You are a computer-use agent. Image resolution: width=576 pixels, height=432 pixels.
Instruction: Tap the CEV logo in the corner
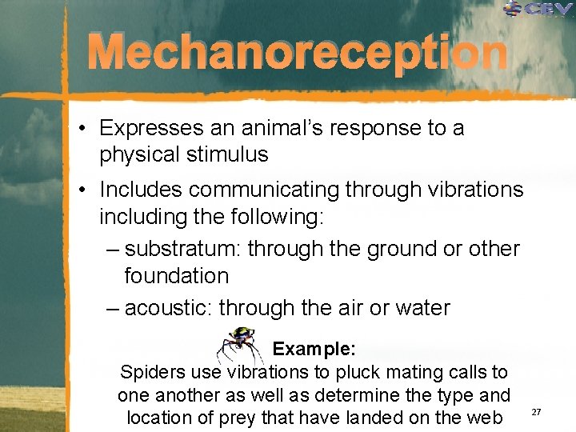pos(538,10)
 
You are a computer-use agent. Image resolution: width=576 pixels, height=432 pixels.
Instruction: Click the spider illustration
pos(240,346)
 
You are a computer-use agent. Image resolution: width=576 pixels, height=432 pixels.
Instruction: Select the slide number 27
pos(537,411)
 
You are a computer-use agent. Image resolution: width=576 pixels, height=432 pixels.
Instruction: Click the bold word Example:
pos(314,350)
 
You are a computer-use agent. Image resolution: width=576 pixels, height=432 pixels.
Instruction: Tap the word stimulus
pos(230,154)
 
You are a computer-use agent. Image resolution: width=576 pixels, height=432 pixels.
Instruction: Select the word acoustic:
pos(169,307)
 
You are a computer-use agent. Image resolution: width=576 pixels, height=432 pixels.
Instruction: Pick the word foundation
pos(176,276)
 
